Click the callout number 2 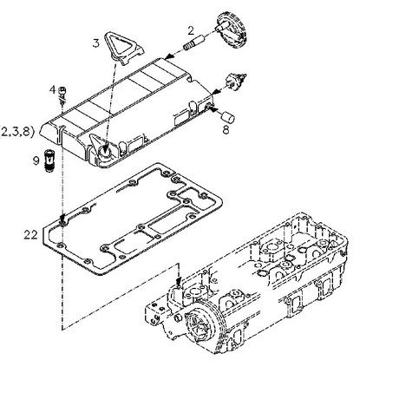point(191,30)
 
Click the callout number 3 point(96,43)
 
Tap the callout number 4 point(52,89)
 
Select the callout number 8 point(226,130)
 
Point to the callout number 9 point(36,160)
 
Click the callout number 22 point(30,235)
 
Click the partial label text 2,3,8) point(17,132)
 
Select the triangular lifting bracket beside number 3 point(123,48)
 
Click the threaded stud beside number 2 point(194,43)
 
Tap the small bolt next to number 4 point(62,95)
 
